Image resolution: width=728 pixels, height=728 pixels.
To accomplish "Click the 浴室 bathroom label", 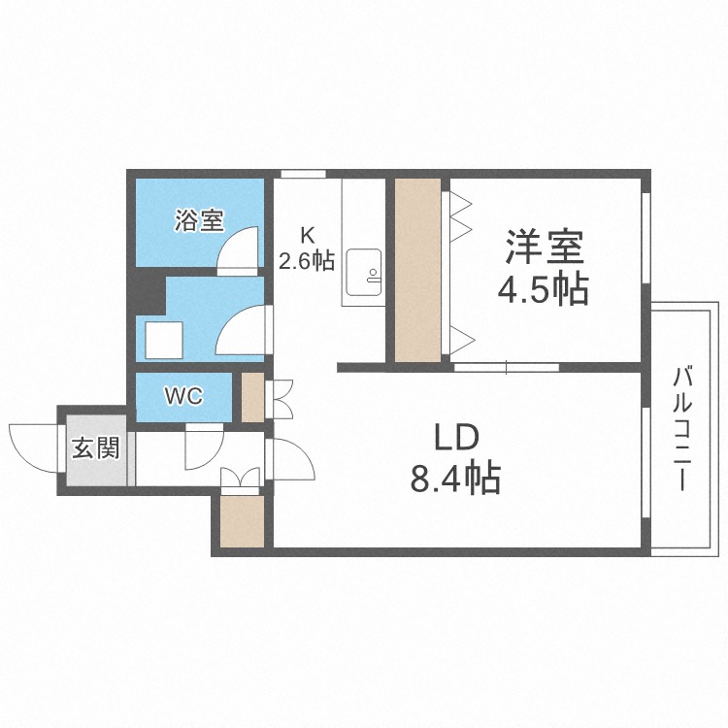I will (x=200, y=220).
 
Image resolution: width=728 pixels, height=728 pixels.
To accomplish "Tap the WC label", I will (x=183, y=397).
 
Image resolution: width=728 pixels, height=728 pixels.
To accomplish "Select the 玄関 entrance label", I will (x=96, y=448).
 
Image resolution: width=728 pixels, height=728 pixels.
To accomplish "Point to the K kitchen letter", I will (x=307, y=234).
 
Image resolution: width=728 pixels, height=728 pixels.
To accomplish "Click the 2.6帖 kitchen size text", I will (x=307, y=260).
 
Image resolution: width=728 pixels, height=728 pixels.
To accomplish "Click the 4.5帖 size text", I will (x=543, y=289).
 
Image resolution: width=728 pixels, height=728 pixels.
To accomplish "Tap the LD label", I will (x=455, y=438).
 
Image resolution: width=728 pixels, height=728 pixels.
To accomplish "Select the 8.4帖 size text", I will (x=455, y=479).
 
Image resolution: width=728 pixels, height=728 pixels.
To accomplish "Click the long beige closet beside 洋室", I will (x=418, y=269).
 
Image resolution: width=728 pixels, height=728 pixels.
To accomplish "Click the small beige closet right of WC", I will (x=252, y=397).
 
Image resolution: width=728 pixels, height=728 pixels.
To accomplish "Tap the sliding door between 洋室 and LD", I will (x=506, y=367).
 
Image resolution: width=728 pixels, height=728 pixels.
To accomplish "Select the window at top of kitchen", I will (x=303, y=175).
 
